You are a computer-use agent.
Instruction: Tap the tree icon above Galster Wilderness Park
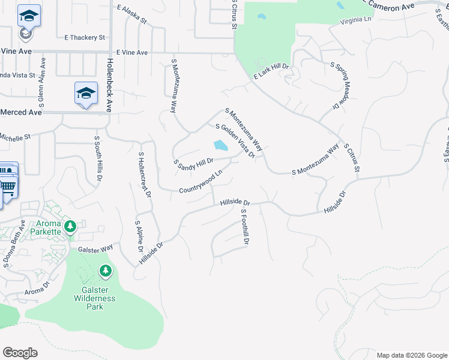pyautogui.click(x=106, y=272)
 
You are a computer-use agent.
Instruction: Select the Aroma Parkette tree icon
pyautogui.click(x=71, y=226)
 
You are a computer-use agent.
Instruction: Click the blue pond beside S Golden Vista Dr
pyautogui.click(x=220, y=145)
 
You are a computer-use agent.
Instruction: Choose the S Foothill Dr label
pyautogui.click(x=244, y=227)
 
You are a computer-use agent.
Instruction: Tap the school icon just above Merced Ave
pyautogui.click(x=86, y=93)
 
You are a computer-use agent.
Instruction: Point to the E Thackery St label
pyautogui.click(x=85, y=37)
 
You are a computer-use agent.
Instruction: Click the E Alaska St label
pyautogui.click(x=132, y=14)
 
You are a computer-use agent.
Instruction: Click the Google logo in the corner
pyautogui.click(x=20, y=353)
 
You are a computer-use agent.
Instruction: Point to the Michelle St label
pyautogui.click(x=15, y=137)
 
